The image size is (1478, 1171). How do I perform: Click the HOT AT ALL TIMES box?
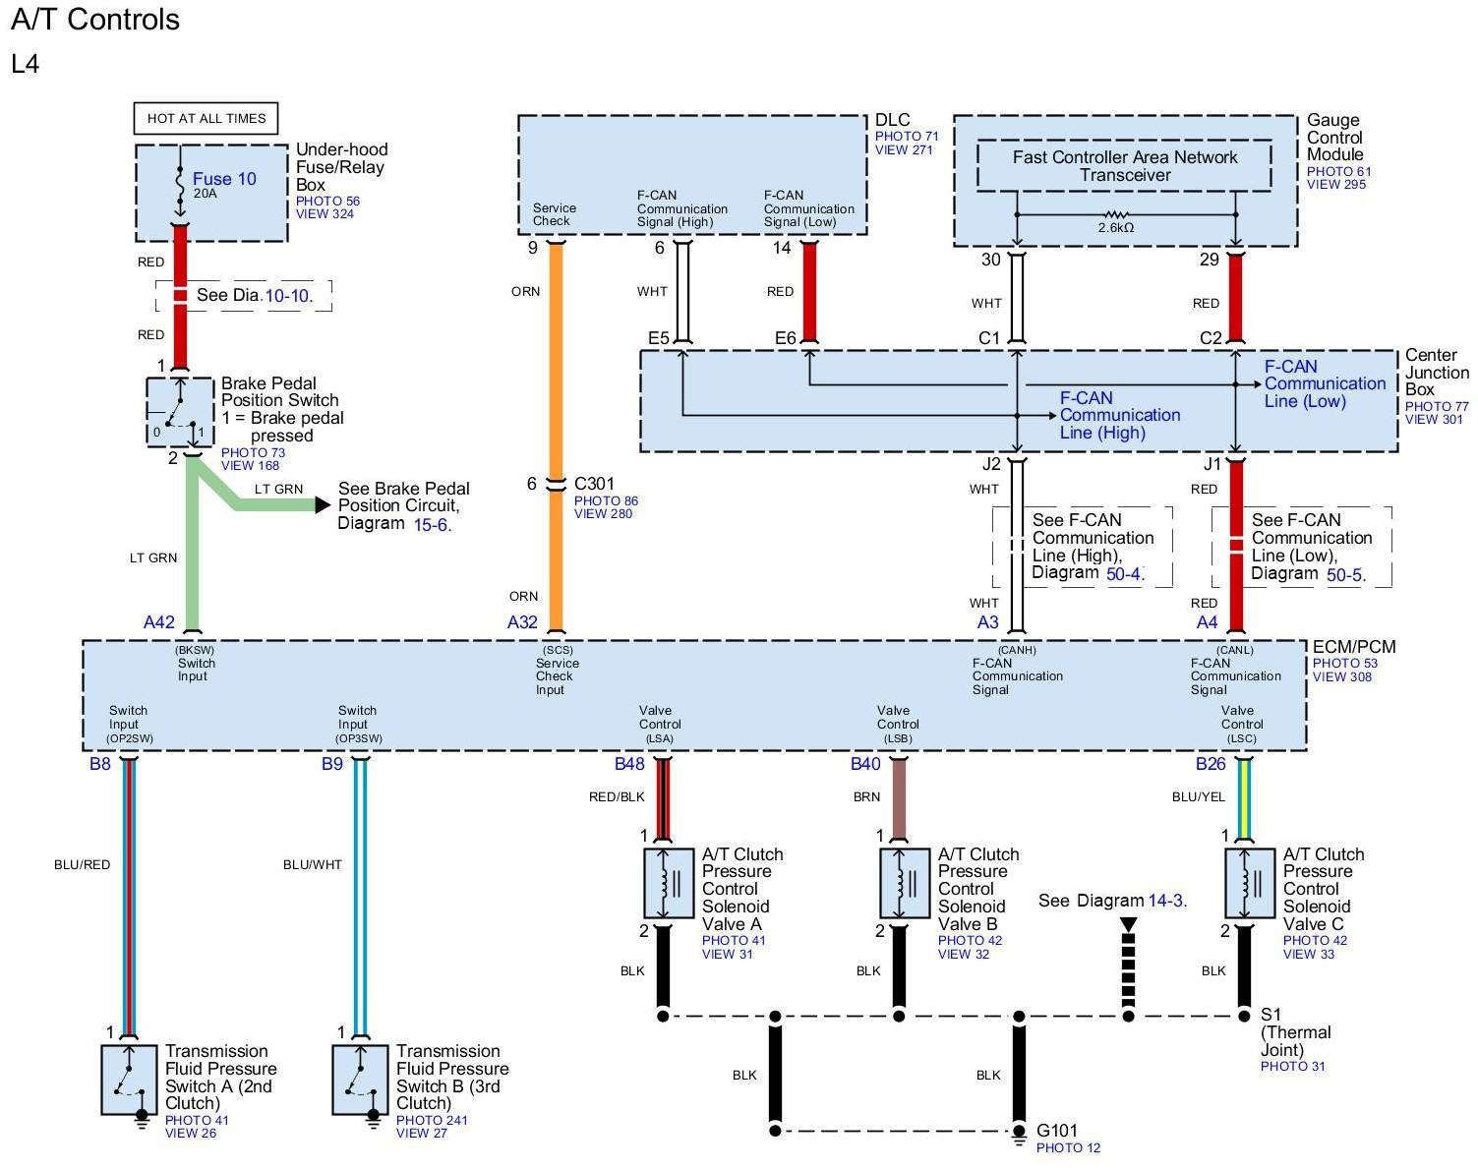(206, 118)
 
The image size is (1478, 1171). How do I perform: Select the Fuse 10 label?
(224, 179)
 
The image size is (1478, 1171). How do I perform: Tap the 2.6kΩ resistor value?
(1115, 227)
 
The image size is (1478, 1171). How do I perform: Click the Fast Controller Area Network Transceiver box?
(1124, 165)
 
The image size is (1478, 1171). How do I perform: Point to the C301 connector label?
(594, 484)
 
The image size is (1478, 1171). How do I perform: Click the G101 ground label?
(1057, 1131)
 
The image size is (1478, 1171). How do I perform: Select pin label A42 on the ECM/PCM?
(158, 622)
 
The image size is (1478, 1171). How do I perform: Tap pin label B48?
(629, 764)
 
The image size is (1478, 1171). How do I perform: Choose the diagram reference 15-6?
(432, 525)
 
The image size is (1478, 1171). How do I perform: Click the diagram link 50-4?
(1124, 574)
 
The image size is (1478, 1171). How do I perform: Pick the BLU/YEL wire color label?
(1199, 796)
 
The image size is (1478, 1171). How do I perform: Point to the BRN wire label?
(866, 796)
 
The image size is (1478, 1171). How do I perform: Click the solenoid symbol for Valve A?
(669, 883)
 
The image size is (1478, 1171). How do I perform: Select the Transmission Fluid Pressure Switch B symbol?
(360, 1081)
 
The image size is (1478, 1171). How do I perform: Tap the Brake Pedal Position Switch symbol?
(180, 411)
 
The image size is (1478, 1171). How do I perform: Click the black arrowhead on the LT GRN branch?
(323, 505)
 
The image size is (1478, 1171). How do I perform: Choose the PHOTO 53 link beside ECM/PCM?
(1345, 663)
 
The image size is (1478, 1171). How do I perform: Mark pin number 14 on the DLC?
(782, 248)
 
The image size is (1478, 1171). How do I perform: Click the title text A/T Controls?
(95, 20)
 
